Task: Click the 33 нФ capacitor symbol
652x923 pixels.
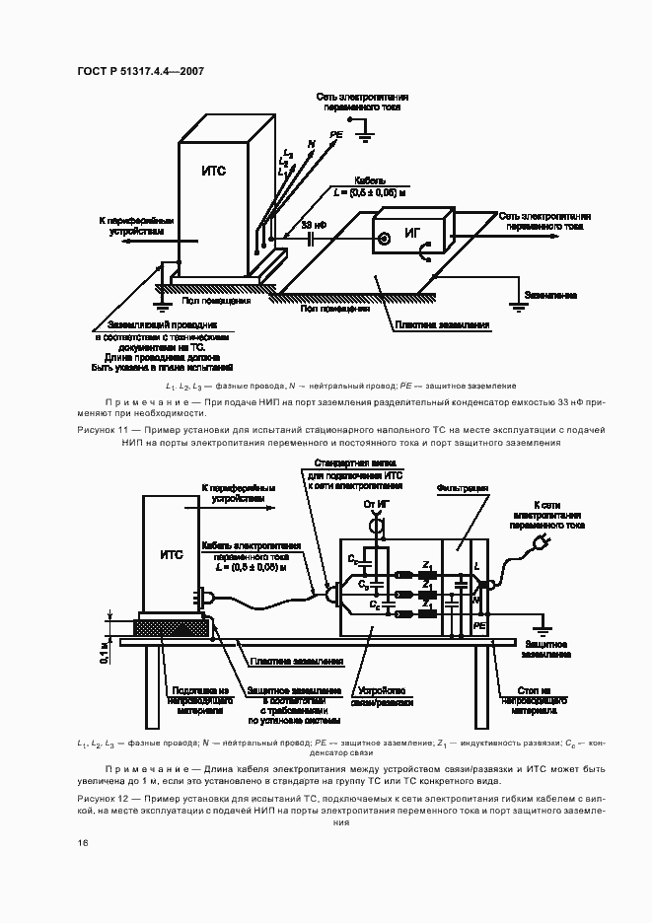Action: [x=311, y=237]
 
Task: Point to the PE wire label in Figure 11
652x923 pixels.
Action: [x=336, y=133]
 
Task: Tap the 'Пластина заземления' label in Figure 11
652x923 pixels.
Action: [x=442, y=324]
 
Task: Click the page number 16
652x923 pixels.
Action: [x=83, y=843]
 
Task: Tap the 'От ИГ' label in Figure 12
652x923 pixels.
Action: [x=375, y=505]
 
